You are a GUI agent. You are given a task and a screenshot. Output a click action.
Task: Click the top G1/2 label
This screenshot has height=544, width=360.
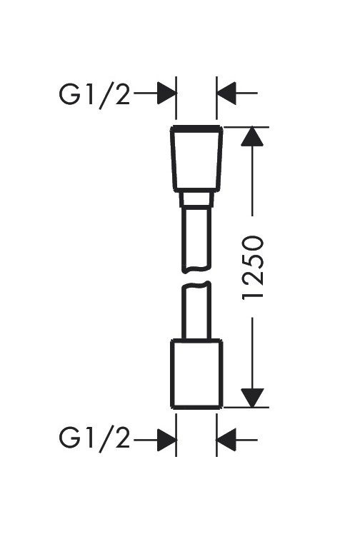coord(94,94)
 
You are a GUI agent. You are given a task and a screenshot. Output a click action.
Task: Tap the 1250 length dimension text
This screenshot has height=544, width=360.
coord(253,267)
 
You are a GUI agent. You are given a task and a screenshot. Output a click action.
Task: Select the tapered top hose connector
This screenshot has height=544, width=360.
coord(196,158)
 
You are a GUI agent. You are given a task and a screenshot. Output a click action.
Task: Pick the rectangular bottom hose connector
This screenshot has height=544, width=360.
coord(196,373)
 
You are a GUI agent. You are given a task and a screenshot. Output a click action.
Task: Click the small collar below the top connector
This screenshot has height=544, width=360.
coord(196,198)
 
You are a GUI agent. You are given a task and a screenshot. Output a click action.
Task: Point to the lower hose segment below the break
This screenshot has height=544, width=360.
coord(196,311)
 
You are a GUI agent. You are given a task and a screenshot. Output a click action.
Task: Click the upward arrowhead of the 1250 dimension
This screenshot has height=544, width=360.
coord(252,136)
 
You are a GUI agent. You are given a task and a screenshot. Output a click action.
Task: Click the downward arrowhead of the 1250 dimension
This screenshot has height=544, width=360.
coord(252,398)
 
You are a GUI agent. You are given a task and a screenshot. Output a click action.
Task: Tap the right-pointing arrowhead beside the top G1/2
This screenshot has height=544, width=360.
coord(166,93)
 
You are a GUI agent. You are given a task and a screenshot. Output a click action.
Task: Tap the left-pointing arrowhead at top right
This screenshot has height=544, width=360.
coord(226,93)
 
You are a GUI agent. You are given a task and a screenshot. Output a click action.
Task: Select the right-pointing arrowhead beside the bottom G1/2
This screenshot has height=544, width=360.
coord(166,440)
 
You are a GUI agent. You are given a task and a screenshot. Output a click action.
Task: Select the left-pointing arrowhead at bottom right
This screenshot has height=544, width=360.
coord(226,440)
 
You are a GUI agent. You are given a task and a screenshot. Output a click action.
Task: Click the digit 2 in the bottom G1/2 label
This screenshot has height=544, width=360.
coord(122,438)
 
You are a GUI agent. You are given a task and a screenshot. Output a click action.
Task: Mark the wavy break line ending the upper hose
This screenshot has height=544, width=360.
coord(196,270)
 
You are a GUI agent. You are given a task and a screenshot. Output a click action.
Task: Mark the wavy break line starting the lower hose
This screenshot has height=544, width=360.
coord(196,285)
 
